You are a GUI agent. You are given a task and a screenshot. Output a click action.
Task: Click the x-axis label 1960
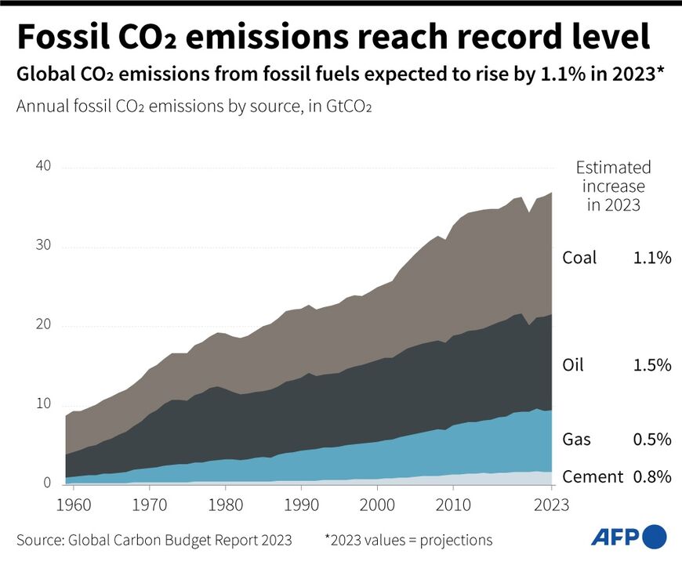(72, 504)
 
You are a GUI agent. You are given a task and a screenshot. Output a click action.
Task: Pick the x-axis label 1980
(226, 504)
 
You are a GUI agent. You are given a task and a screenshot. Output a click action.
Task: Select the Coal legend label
(579, 258)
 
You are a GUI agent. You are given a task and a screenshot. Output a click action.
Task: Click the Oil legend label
(573, 364)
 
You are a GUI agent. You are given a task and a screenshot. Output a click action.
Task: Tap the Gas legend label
(576, 439)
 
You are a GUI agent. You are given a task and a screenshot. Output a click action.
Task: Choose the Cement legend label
(593, 476)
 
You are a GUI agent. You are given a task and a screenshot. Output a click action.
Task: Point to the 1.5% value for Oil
(651, 364)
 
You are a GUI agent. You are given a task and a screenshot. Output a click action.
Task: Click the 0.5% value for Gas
(651, 439)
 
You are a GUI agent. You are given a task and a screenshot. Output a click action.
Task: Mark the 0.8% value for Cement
(651, 476)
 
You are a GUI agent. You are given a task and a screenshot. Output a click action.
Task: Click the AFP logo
(628, 537)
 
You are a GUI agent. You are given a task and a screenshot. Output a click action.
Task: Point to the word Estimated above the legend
(613, 168)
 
